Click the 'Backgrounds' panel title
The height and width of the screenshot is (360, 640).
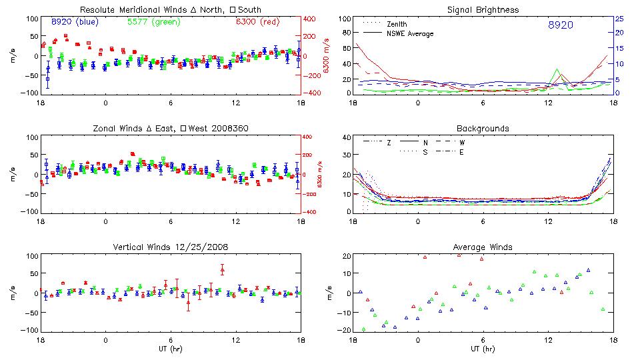click(483, 128)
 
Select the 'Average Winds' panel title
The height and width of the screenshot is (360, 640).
click(483, 247)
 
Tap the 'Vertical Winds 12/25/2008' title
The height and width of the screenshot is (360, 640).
click(171, 247)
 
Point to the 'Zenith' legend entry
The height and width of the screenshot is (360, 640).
click(397, 24)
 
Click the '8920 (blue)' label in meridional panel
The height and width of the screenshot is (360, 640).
click(75, 22)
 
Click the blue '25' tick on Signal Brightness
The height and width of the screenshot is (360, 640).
click(619, 19)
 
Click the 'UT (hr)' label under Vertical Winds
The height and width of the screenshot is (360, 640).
click(171, 349)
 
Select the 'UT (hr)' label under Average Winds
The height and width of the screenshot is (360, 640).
click(483, 349)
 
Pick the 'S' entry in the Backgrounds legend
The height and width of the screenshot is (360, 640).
click(424, 152)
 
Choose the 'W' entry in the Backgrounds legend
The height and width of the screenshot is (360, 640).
click(461, 143)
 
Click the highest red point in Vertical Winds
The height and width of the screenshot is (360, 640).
click(222, 269)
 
